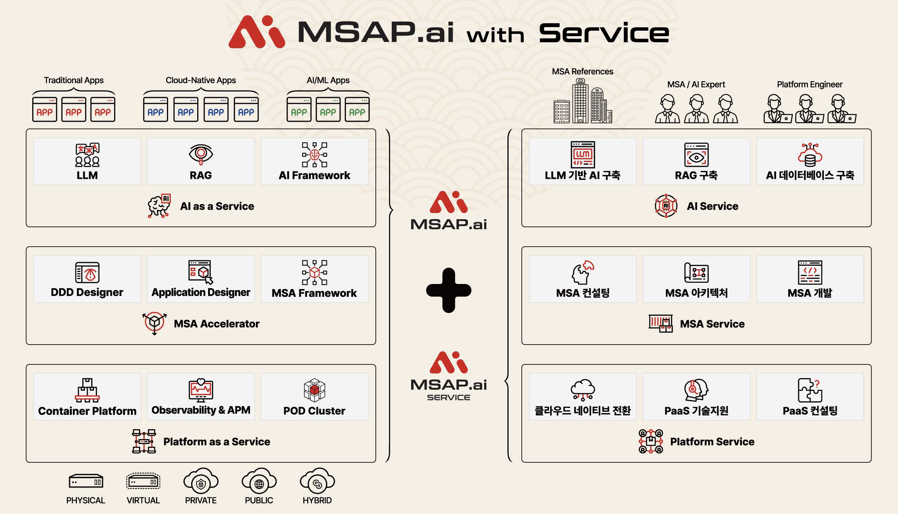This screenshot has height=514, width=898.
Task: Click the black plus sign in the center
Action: [x=448, y=290]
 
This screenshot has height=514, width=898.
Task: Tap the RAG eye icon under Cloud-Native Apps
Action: [x=201, y=154]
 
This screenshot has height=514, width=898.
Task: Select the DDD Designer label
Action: [x=87, y=292]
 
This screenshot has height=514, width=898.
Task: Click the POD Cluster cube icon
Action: [x=314, y=390]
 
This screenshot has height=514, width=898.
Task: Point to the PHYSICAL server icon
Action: [x=86, y=481]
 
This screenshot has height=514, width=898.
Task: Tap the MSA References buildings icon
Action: [x=582, y=102]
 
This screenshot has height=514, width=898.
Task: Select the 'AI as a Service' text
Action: [x=217, y=206]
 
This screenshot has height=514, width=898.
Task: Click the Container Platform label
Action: [x=87, y=411]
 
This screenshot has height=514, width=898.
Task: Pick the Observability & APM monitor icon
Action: [x=201, y=390]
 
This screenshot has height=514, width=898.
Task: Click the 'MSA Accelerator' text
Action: [x=216, y=324]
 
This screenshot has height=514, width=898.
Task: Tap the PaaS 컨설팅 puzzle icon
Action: [x=810, y=390]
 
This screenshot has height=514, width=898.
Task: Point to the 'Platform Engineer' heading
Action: [x=809, y=84]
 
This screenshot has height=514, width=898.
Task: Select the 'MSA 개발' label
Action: [x=810, y=293]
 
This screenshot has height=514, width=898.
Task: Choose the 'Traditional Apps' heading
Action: [x=74, y=80]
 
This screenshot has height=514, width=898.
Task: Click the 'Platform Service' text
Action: [x=712, y=442]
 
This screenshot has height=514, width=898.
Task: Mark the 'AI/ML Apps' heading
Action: [x=328, y=80]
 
